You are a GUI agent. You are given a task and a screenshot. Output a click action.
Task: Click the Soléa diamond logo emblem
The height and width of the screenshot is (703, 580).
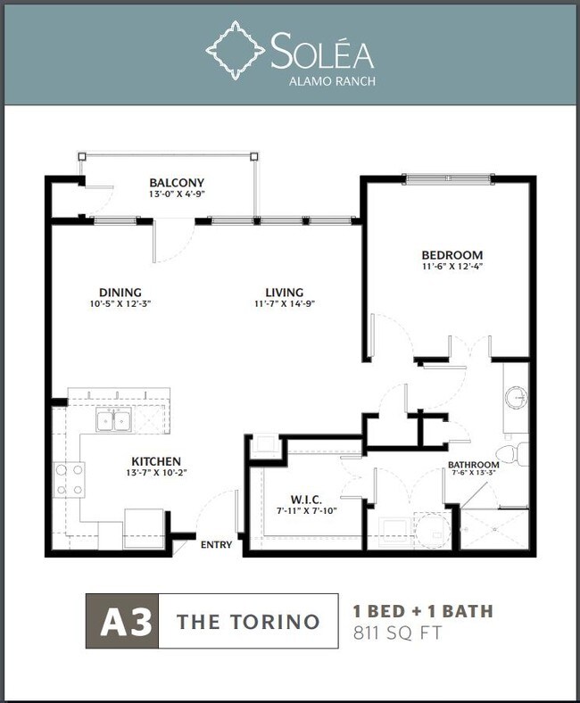pos(235,50)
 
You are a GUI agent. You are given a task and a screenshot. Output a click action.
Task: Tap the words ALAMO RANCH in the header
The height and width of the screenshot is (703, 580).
pos(332,81)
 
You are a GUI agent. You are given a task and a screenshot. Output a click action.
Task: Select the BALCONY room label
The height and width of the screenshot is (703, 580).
pos(177,183)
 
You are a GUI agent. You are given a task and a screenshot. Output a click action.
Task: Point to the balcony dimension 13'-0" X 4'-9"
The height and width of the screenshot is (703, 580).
pos(177,194)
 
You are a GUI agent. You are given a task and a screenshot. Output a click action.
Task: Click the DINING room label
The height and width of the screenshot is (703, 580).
pos(120,293)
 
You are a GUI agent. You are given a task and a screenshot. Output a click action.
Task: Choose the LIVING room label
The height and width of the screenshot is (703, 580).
pos(285,293)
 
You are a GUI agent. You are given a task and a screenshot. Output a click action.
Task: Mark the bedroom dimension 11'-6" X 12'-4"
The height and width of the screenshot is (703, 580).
pos(452,266)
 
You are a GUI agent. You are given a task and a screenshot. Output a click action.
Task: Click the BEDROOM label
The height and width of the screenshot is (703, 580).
pos(452,254)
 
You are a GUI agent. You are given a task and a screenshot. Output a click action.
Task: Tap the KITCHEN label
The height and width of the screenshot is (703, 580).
pos(156,461)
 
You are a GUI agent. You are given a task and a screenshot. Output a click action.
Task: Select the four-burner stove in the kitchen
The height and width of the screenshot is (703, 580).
pos(69,479)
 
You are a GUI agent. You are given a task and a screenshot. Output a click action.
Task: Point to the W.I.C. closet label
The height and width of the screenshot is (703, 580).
pos(306,499)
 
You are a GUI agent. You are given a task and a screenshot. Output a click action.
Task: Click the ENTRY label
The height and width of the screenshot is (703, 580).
pos(216,545)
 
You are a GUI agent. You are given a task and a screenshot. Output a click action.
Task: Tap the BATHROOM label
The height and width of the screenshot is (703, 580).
pos(473,465)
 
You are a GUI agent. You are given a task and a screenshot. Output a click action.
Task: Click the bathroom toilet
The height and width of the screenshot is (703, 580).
pos(514,454)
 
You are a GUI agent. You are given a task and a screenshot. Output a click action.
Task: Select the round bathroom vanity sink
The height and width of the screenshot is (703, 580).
pos(517,398)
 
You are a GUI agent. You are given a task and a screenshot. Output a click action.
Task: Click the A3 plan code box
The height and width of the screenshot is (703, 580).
pos(122,621)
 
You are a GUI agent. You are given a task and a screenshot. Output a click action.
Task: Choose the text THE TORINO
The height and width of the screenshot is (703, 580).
pos(248,622)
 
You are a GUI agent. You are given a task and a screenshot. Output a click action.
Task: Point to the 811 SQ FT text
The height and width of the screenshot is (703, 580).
pos(397,633)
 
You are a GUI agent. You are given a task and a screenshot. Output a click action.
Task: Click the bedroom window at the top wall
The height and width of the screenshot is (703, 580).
pos(449,179)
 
